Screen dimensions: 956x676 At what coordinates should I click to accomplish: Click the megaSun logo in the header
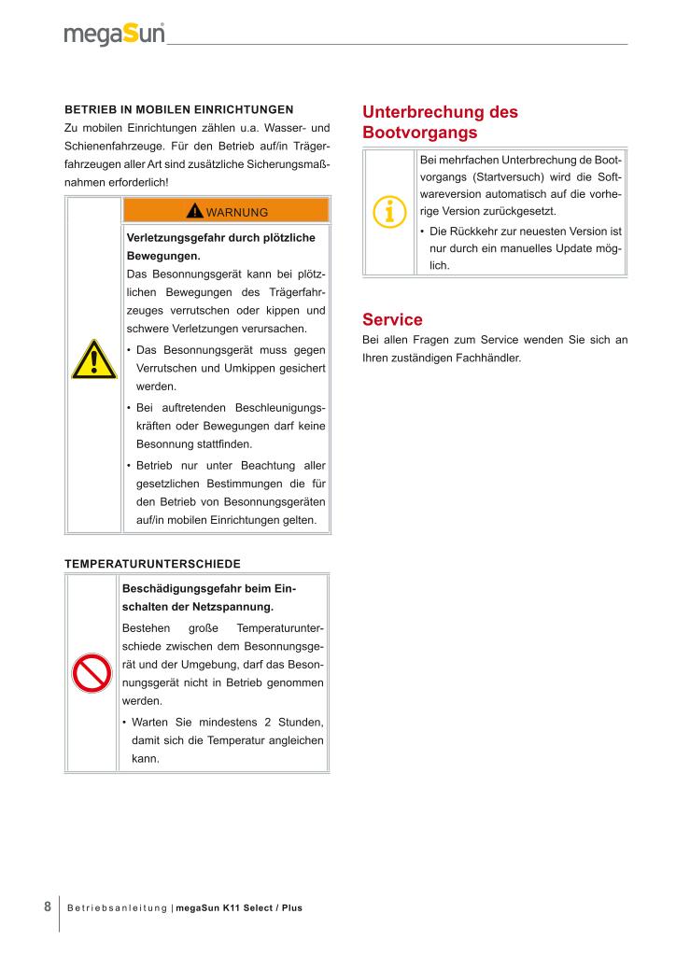(114, 35)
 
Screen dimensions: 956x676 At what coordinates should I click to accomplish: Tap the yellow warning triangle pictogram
(92, 359)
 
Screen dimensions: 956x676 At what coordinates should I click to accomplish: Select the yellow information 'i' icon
(389, 212)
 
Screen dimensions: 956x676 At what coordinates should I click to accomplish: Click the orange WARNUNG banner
(226, 211)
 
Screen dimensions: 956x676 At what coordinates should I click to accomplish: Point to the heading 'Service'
(392, 319)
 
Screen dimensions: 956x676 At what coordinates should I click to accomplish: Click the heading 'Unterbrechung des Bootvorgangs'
(439, 122)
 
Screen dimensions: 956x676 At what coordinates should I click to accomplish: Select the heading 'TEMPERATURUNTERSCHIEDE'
(152, 564)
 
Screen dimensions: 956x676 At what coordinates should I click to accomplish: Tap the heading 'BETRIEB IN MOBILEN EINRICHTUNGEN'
(178, 109)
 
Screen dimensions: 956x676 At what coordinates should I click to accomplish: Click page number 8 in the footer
(48, 907)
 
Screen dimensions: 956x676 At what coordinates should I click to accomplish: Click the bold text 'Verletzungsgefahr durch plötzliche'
(220, 238)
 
